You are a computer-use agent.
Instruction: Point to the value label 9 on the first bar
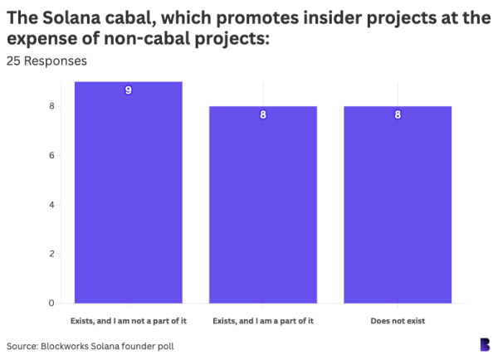click(x=128, y=90)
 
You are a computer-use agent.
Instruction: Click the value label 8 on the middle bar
click(x=263, y=114)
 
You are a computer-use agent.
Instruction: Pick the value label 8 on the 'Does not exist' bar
click(x=398, y=114)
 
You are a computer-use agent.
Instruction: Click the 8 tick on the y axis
click(x=51, y=106)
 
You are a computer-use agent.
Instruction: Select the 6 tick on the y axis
click(x=51, y=155)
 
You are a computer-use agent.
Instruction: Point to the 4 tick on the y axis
click(x=51, y=205)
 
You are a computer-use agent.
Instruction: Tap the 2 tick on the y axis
click(x=51, y=254)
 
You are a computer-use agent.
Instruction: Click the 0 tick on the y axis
click(x=51, y=303)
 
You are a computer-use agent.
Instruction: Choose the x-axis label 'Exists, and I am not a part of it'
click(x=128, y=320)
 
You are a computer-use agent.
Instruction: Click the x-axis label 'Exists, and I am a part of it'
click(x=263, y=320)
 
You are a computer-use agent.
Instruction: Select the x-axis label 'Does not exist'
click(x=398, y=320)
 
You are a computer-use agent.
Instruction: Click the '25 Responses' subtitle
click(x=46, y=61)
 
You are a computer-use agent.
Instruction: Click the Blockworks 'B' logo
click(x=485, y=344)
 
